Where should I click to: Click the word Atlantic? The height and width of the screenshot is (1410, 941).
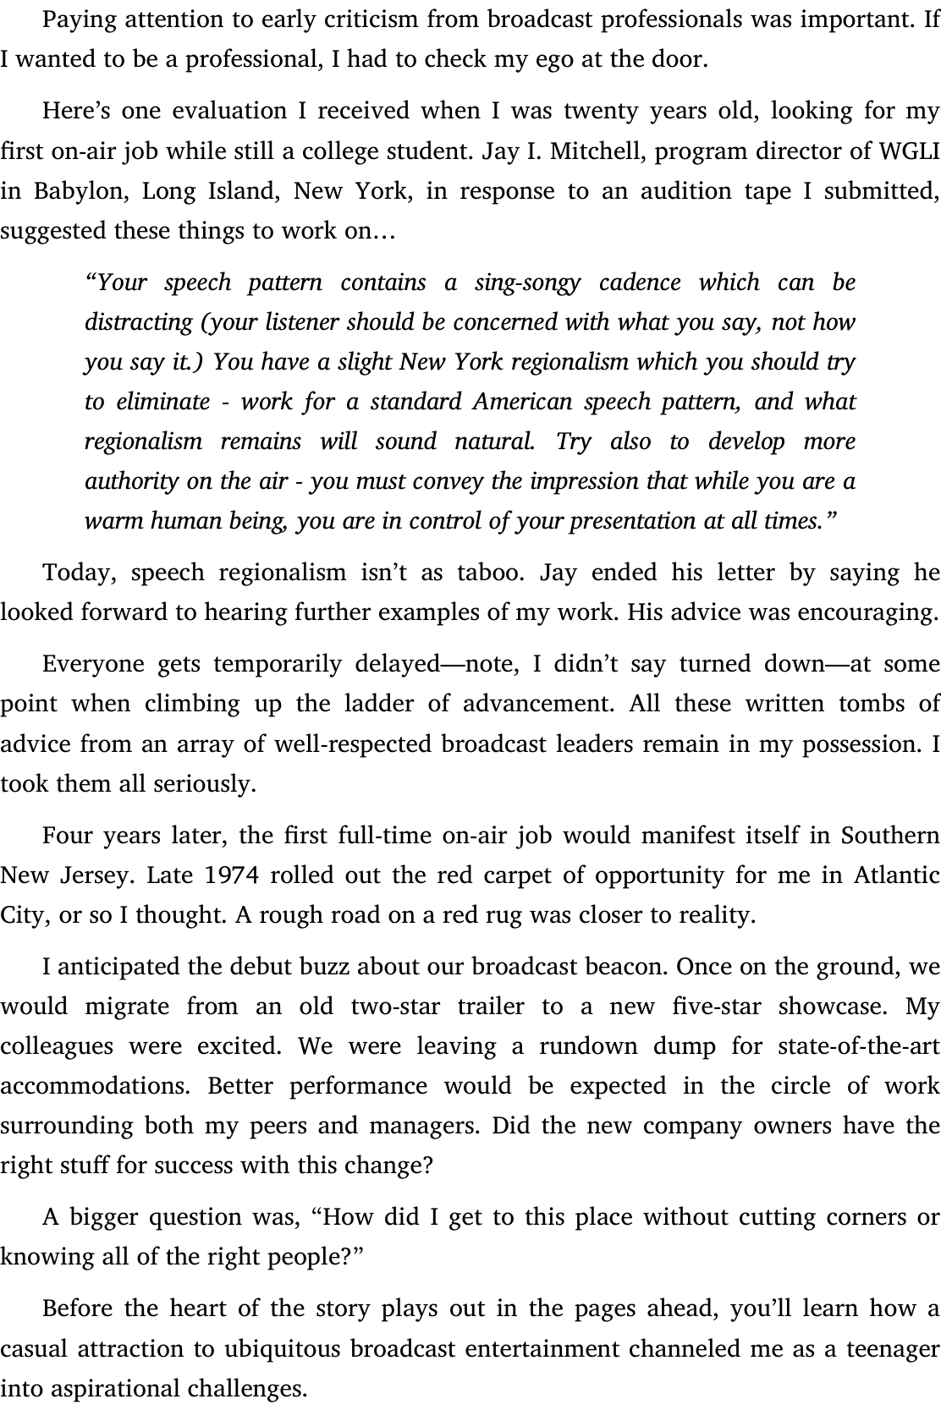pyautogui.click(x=897, y=875)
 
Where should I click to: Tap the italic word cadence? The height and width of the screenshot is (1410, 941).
pyautogui.click(x=640, y=282)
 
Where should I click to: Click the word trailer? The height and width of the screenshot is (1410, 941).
pyautogui.click(x=491, y=1007)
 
